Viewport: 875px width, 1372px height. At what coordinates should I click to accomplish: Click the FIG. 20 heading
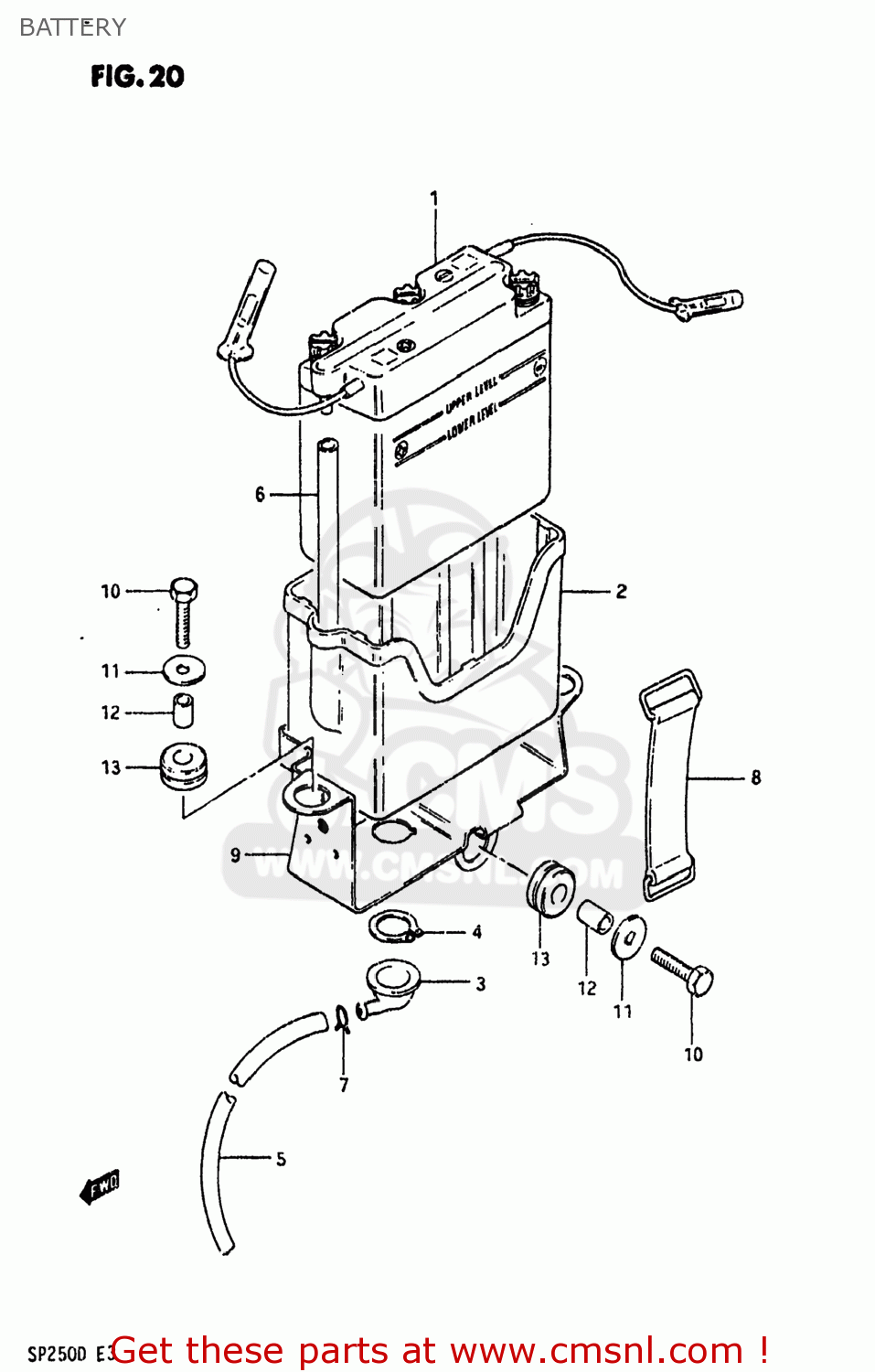137,76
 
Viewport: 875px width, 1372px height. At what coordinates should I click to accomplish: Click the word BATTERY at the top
72,27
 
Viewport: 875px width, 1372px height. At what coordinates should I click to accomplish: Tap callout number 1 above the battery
434,198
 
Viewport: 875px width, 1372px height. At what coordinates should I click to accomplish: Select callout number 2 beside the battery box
622,591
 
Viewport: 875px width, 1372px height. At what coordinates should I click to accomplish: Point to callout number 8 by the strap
756,777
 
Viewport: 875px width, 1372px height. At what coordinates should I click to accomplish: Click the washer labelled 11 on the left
184,670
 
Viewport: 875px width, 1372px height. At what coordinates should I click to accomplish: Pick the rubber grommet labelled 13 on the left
183,766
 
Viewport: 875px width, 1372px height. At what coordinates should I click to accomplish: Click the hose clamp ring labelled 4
394,927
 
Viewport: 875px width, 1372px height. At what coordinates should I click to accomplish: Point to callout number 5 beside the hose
281,1159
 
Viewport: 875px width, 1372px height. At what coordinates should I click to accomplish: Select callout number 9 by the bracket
235,854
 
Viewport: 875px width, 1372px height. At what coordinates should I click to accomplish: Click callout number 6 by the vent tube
261,494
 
